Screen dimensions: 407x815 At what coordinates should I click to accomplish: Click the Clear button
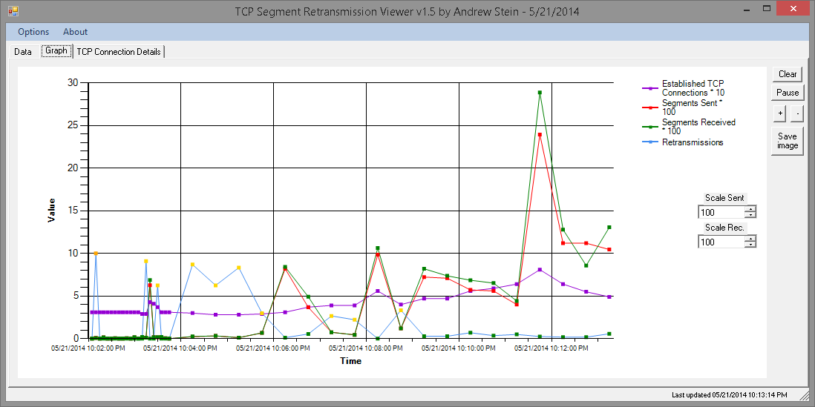(788, 74)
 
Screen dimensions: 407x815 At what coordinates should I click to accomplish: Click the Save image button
(788, 141)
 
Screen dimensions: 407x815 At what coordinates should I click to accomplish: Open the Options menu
(33, 32)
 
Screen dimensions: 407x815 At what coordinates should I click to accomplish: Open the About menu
(75, 32)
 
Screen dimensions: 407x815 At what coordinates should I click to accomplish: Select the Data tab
(22, 52)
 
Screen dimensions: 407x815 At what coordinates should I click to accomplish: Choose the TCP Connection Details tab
(119, 52)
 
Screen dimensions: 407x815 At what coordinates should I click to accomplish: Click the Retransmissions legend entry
(692, 142)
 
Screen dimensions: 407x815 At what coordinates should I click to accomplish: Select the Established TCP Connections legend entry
(693, 88)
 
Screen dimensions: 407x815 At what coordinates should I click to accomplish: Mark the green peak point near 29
(540, 93)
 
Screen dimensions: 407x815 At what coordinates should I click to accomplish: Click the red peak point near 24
(540, 135)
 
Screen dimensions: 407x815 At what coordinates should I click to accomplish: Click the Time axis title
(351, 361)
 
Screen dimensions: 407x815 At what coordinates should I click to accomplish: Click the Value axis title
(51, 211)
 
